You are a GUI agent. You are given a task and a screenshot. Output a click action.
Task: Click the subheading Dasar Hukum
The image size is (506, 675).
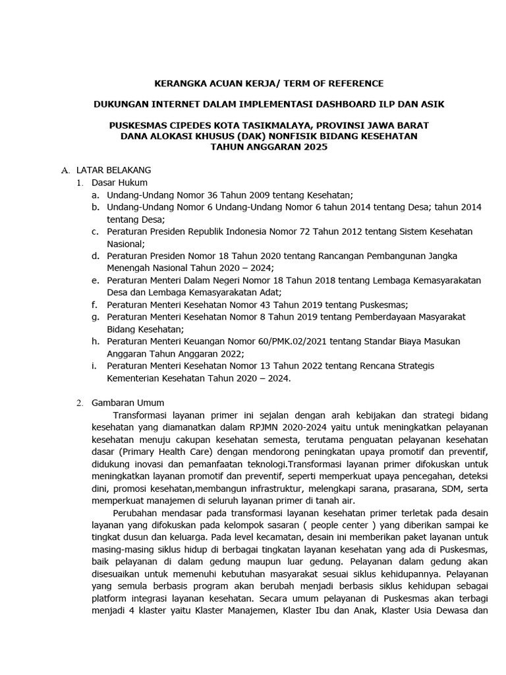coord(119,183)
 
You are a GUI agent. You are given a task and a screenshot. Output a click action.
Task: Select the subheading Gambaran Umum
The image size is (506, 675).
coord(128,403)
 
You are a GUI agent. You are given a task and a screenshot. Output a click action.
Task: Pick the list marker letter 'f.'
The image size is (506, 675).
coord(95,305)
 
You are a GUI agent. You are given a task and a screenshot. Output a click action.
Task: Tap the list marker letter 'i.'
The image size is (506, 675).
coord(94,366)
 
